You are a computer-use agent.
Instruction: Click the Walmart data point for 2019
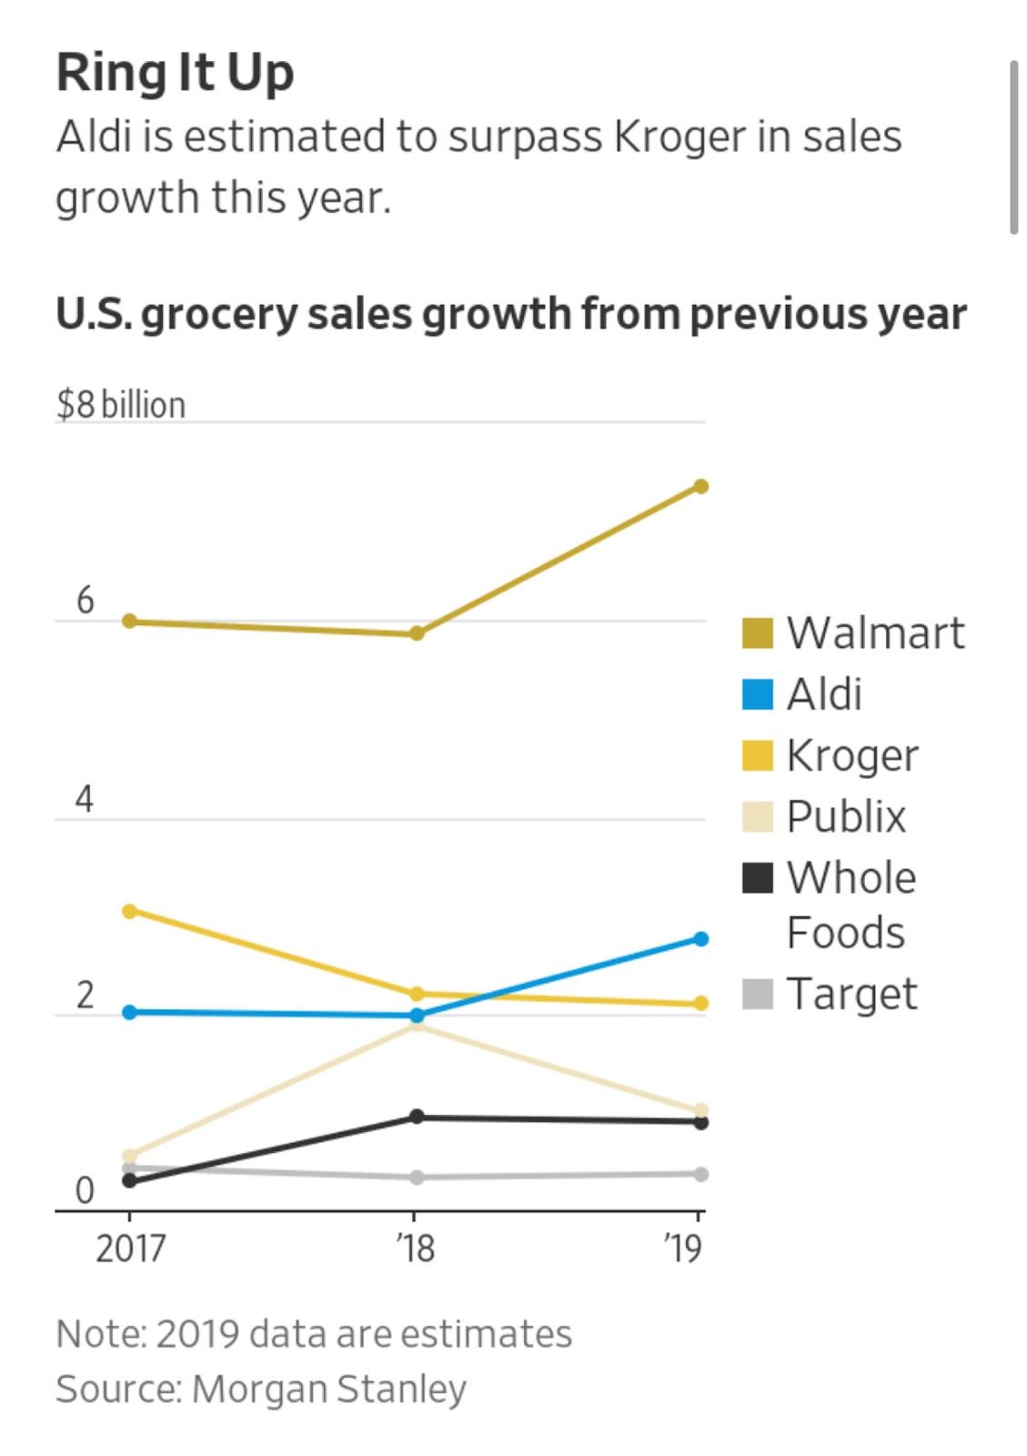[700, 486]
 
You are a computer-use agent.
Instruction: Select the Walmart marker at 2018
[417, 633]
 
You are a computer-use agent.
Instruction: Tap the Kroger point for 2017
[129, 911]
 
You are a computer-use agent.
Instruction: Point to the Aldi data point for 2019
[700, 939]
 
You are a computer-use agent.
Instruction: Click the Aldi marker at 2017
[129, 1012]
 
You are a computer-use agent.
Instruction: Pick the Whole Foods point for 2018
[417, 1117]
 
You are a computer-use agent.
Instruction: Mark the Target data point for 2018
[417, 1178]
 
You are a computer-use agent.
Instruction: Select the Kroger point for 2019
[700, 1004]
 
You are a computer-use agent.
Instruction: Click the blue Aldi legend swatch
[757, 694]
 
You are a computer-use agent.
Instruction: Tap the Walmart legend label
[875, 632]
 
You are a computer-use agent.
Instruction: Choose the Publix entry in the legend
[846, 816]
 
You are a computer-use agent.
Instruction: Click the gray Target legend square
[757, 994]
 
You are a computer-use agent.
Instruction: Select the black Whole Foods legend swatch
[757, 878]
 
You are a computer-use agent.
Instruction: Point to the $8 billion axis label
[121, 405]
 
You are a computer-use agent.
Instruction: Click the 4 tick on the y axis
[85, 799]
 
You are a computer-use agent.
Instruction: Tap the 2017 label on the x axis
[130, 1248]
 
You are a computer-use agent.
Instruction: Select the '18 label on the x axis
[416, 1248]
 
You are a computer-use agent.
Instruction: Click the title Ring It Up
[175, 73]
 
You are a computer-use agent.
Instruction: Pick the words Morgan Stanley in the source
[329, 1390]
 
